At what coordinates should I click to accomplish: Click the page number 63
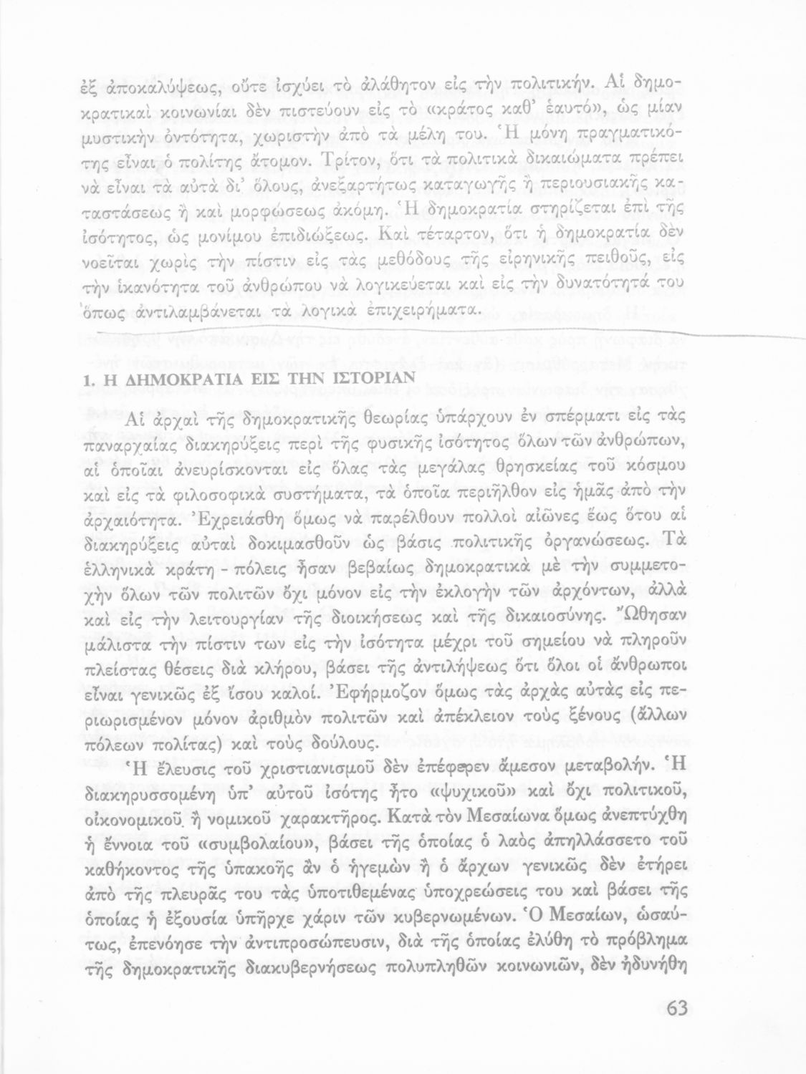(676, 1010)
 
